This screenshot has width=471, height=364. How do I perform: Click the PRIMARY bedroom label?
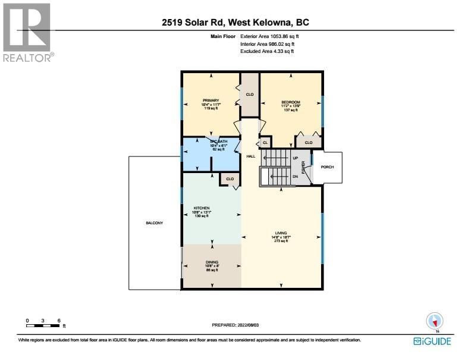point(211,101)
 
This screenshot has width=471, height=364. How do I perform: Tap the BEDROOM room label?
point(291,102)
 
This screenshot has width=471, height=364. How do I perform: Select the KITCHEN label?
point(202,208)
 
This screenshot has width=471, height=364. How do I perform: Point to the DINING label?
point(211,262)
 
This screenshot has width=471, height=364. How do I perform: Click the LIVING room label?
point(281,233)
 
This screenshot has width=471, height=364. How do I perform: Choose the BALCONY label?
point(154,223)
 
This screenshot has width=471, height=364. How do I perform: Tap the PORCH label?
point(327,167)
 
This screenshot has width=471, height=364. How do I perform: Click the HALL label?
point(251,156)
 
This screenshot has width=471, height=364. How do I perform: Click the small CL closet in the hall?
point(265,143)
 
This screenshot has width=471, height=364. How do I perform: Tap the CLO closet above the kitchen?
point(230,178)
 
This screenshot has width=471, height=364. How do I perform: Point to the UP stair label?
point(296,158)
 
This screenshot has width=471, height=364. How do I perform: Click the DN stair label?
point(296,177)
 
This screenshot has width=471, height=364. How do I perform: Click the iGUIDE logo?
point(432,341)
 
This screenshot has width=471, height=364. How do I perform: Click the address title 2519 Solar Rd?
point(235,23)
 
